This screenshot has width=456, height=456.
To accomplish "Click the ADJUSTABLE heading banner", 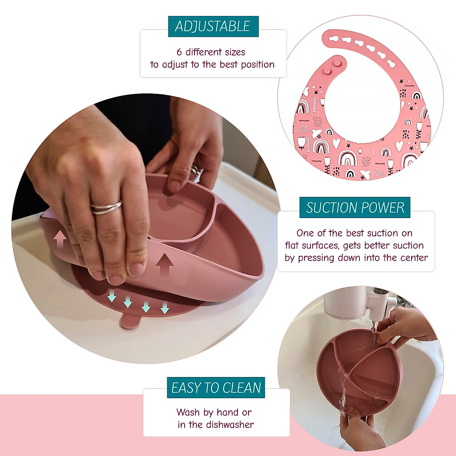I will click(213, 26).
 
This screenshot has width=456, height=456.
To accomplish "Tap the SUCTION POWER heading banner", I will click(355, 207).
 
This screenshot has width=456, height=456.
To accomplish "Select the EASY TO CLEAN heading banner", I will click(216, 388).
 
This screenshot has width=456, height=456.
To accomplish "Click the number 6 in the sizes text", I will click(179, 52).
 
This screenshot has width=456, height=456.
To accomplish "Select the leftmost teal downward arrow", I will click(111, 296).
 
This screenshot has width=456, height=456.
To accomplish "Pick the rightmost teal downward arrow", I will click(165, 307).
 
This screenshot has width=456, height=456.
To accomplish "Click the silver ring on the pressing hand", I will click(106, 207).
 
